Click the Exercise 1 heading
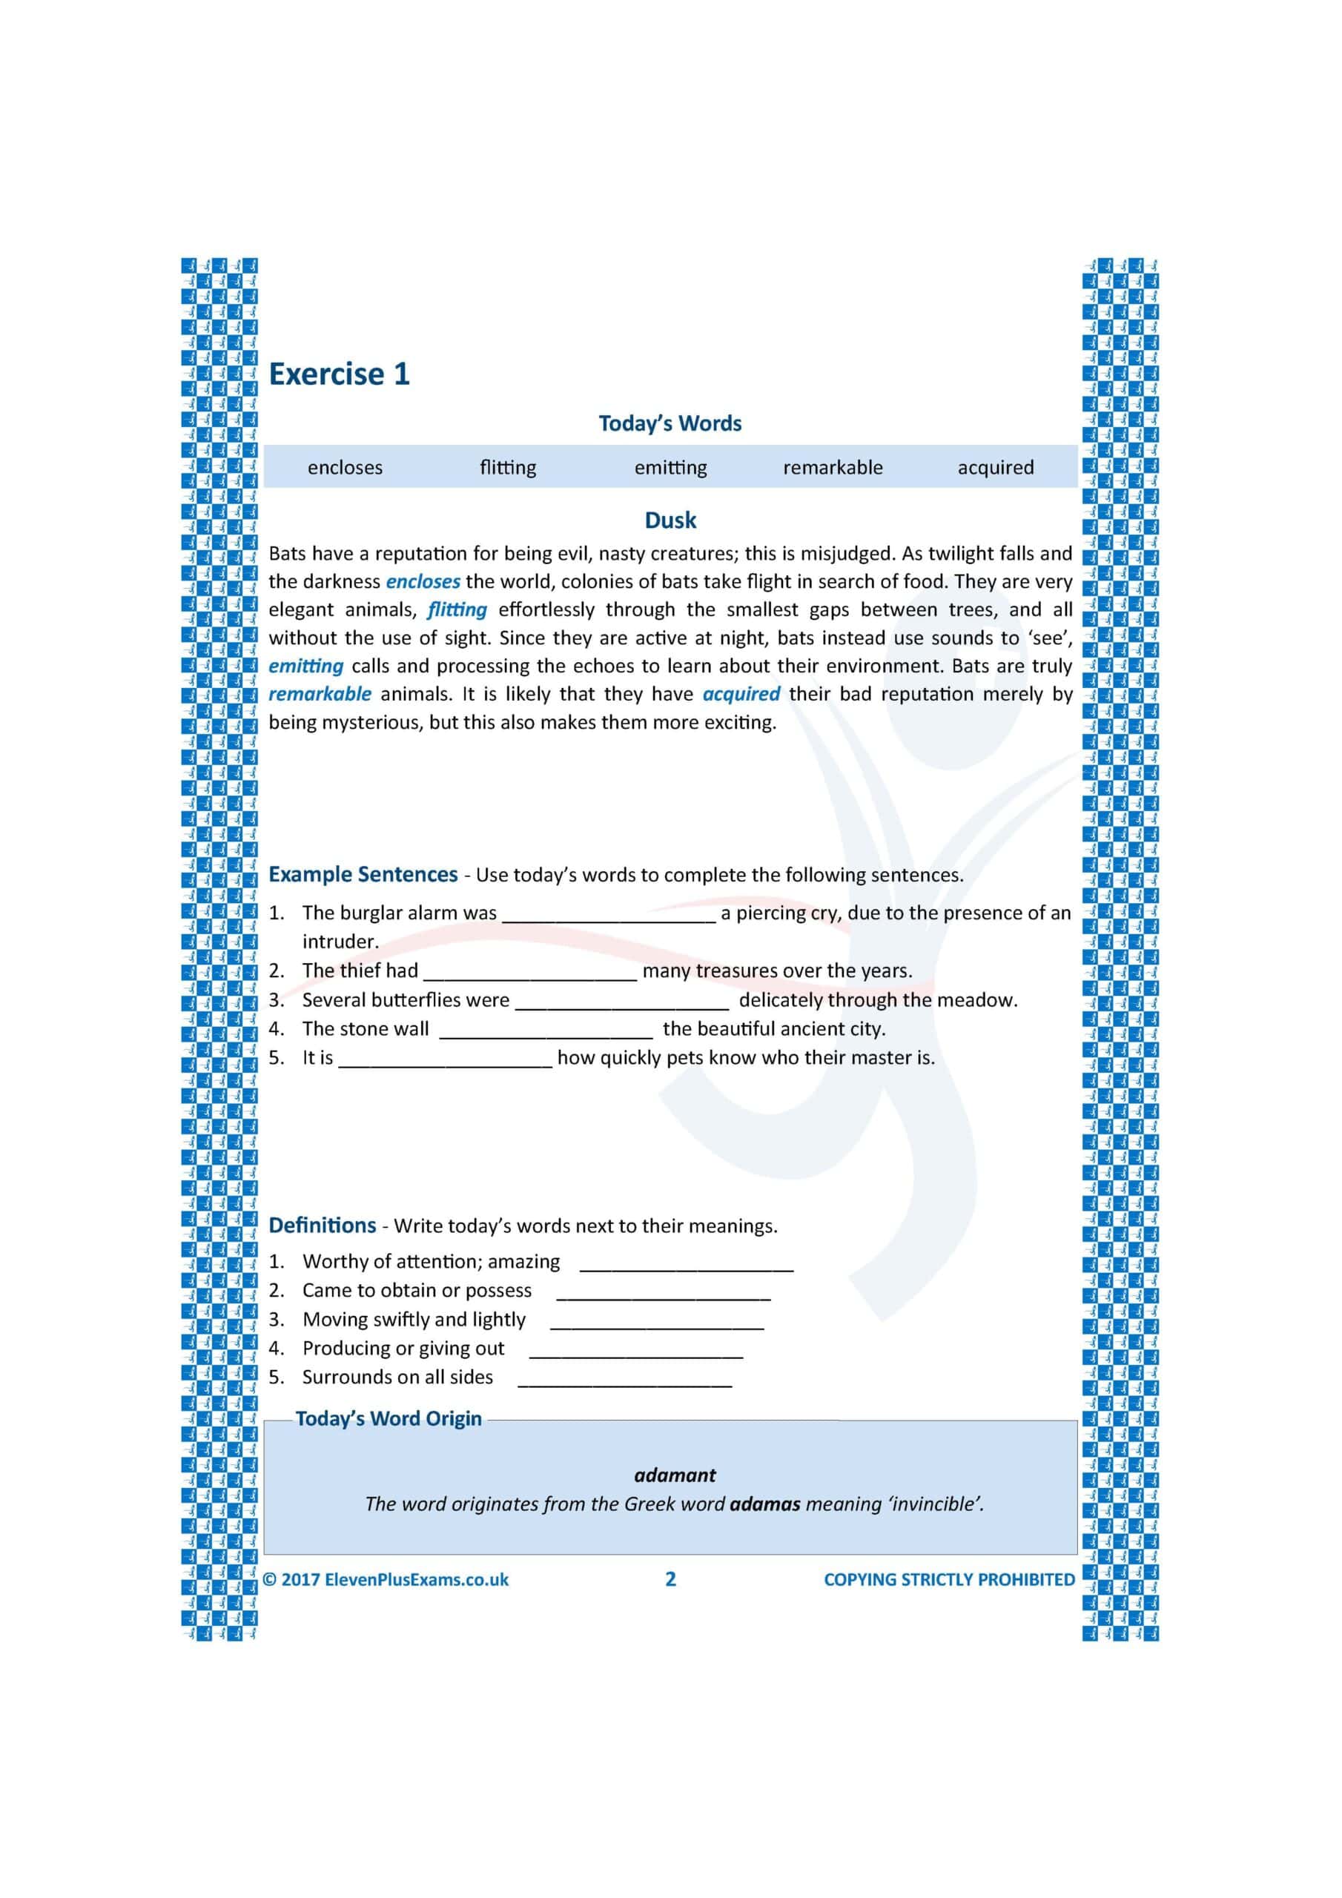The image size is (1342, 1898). point(339,374)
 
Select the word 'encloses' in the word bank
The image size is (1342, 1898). point(345,468)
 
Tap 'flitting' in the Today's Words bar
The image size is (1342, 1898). point(508,468)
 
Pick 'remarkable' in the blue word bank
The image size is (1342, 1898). point(833,468)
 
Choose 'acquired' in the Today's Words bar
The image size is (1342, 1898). point(996,468)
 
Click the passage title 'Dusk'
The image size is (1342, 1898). point(670,520)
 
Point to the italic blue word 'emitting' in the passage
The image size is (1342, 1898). point(306,667)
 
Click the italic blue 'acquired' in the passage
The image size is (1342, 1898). point(741,695)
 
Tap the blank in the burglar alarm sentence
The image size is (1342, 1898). point(609,915)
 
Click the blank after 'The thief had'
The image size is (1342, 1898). point(530,973)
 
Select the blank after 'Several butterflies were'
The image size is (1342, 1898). point(623,1002)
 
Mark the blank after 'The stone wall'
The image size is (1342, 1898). point(546,1031)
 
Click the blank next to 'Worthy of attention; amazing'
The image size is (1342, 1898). point(687,1264)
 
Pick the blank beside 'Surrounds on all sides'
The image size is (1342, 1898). point(624,1380)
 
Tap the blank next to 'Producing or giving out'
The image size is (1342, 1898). point(636,1351)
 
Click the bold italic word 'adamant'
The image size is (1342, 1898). point(675,1475)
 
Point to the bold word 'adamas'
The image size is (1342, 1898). point(765,1504)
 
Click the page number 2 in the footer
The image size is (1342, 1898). point(670,1579)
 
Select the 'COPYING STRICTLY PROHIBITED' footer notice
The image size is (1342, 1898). point(949,1579)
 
